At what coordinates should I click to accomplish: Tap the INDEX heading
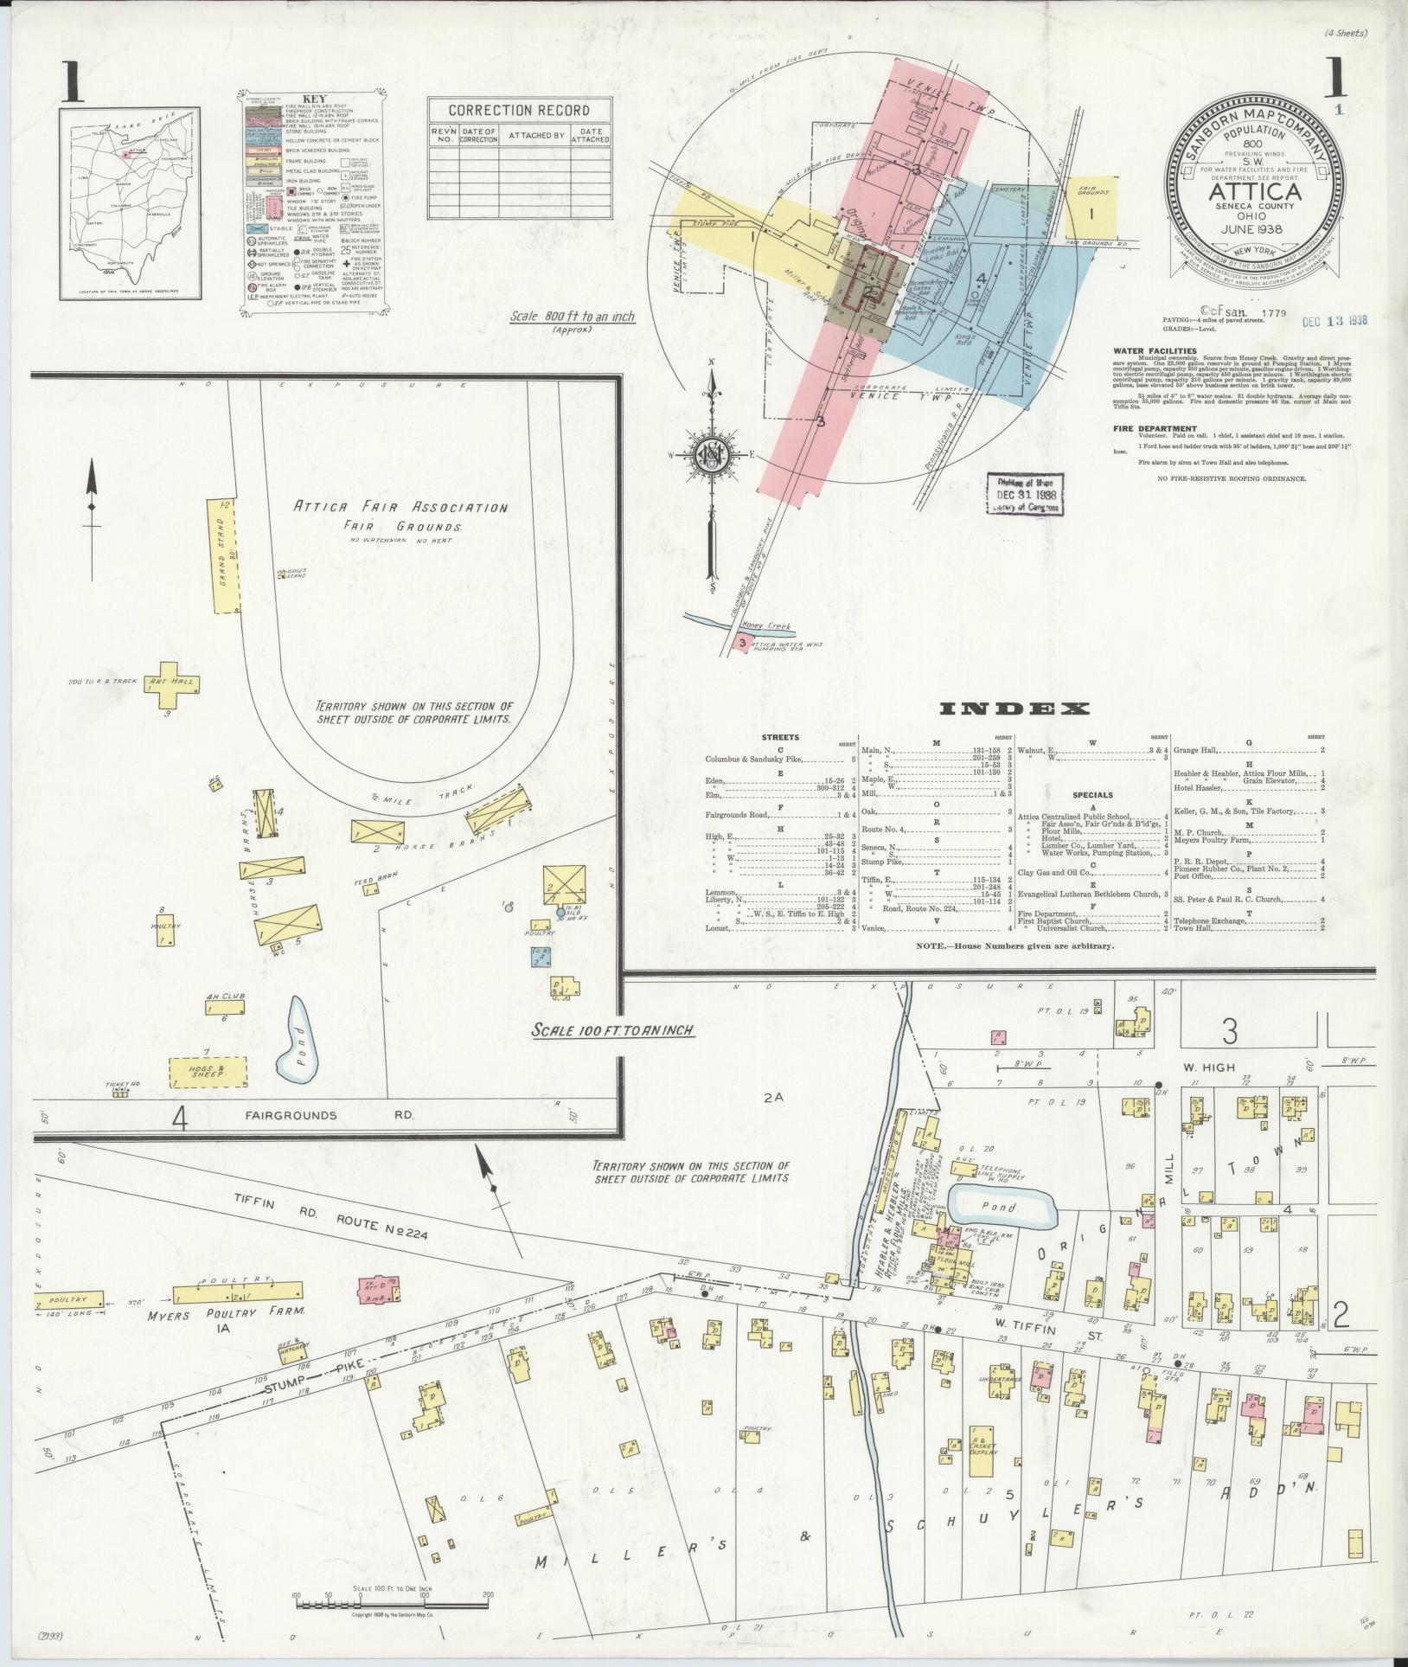click(1014, 709)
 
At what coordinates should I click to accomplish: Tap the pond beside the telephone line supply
click(1002, 1206)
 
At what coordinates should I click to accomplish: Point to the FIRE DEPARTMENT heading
click(1155, 428)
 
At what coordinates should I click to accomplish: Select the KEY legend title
click(313, 99)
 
